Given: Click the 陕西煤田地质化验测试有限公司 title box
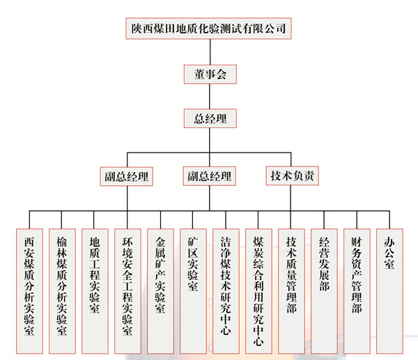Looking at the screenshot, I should click(209, 29).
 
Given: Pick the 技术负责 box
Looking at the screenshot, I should click(293, 175).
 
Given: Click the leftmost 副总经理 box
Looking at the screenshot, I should click(126, 175).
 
